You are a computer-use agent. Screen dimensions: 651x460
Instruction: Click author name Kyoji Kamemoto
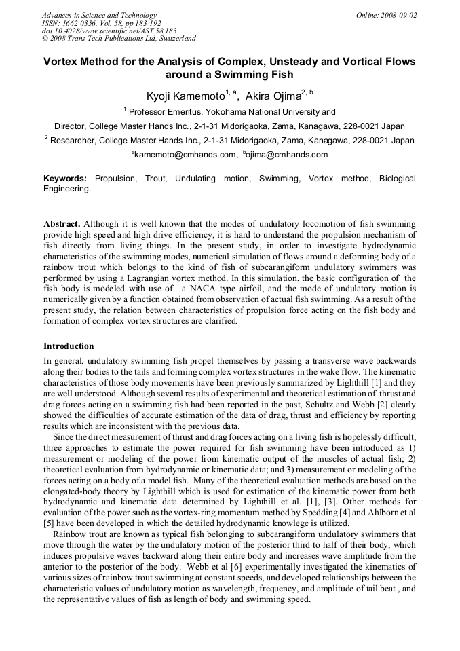[185, 96]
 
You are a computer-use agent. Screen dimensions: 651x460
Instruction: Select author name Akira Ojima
[273, 96]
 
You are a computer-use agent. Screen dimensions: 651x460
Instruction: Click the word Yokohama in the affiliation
[231, 111]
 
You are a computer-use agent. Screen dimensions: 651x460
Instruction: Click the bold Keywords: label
[65, 179]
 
